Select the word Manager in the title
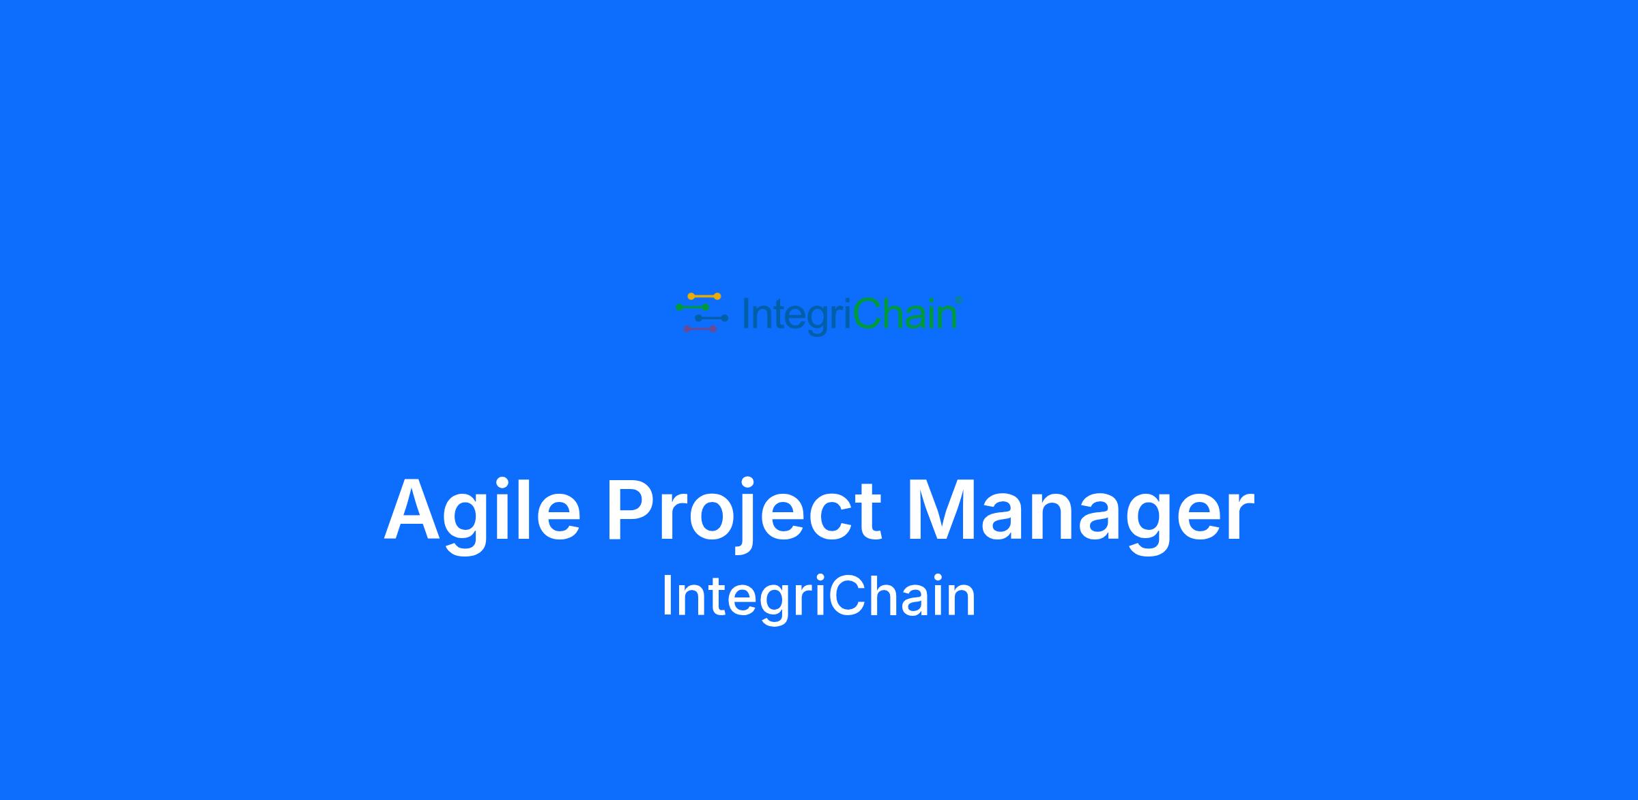[1080, 512]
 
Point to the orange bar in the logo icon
[704, 297]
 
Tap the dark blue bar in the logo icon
[712, 318]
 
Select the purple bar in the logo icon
[700, 329]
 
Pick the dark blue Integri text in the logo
[797, 317]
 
